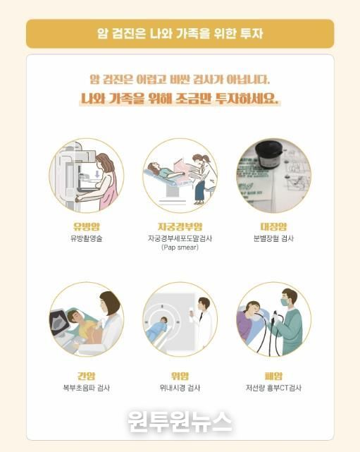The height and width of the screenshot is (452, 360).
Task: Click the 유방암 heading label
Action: coord(87,226)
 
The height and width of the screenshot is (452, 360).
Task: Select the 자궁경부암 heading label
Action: coord(180,226)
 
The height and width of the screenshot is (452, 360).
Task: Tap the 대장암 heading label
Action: coord(273,226)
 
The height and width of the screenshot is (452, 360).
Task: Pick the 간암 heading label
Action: coord(86,376)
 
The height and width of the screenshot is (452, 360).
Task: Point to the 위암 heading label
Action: coord(180,376)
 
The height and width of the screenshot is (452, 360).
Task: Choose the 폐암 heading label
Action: coord(273,376)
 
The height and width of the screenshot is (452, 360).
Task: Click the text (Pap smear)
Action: coord(180,248)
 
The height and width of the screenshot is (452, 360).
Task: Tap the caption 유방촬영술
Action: coord(87,238)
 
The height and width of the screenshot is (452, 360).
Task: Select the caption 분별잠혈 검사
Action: coord(273,238)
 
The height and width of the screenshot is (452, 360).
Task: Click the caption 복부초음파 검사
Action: coord(87,388)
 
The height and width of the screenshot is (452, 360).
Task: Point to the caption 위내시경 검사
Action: coord(180,388)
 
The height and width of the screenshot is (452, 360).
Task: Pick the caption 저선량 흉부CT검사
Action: coord(273,388)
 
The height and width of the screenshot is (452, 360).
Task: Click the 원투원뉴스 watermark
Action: coord(180,422)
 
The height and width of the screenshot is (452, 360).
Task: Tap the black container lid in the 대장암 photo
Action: coord(270,153)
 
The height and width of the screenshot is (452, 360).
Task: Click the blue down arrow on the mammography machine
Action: coord(97,174)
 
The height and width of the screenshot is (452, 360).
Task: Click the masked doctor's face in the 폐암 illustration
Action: coord(286,300)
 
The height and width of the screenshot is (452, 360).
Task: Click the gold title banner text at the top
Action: coord(180,33)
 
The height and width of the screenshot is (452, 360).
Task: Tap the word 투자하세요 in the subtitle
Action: coord(247,99)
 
